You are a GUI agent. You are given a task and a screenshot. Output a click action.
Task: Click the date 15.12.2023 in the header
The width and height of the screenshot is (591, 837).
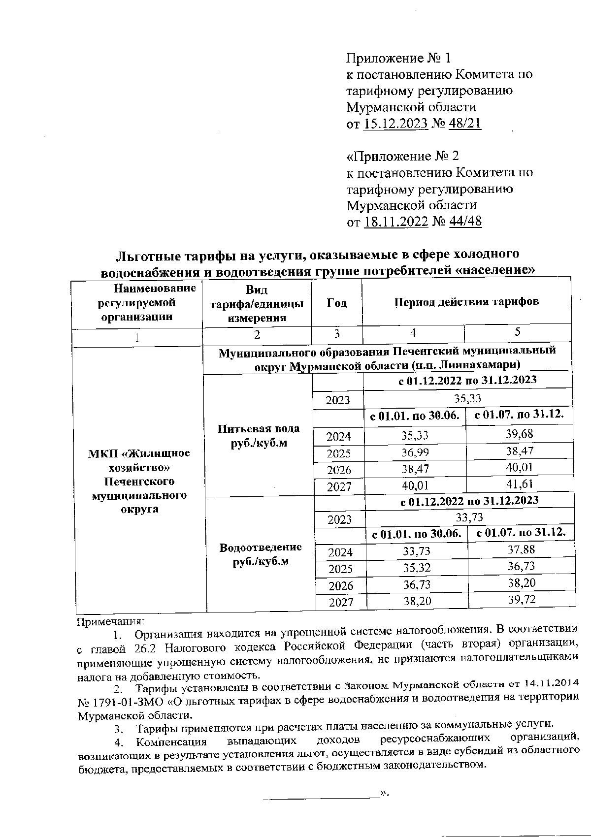pyautogui.click(x=395, y=124)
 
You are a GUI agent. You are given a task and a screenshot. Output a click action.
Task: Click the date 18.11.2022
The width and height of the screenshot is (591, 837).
pyautogui.click(x=395, y=222)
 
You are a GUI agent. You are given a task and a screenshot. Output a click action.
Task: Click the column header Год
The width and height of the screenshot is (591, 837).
pyautogui.click(x=337, y=303)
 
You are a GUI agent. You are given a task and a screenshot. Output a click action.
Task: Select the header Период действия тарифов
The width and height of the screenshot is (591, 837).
pyautogui.click(x=466, y=301)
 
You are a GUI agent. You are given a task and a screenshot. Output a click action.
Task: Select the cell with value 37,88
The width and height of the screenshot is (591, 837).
pyautogui.click(x=522, y=549)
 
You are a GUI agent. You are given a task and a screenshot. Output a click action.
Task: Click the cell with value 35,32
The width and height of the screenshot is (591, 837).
pyautogui.click(x=417, y=568)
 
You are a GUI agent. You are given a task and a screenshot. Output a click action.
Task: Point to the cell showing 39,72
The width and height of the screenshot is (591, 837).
pyautogui.click(x=522, y=600)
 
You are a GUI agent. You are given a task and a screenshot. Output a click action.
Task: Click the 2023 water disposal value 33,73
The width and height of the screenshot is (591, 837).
pyautogui.click(x=469, y=517)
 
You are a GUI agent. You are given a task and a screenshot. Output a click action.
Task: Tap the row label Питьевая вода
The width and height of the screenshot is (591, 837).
pyautogui.click(x=259, y=429)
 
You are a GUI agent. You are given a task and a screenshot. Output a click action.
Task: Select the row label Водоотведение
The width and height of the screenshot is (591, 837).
pyautogui.click(x=261, y=547)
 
